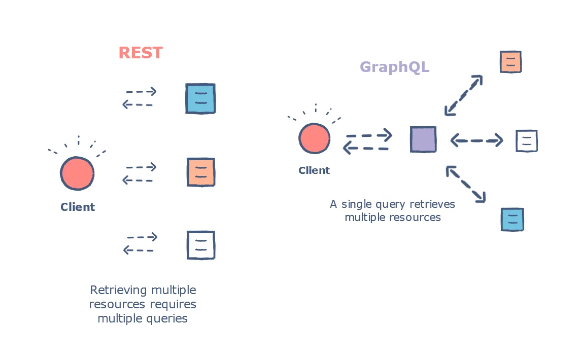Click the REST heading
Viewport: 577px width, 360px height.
click(141, 53)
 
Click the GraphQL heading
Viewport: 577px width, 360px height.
click(394, 67)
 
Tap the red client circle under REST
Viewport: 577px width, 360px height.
click(77, 173)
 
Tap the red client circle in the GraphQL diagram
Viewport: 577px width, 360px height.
click(314, 138)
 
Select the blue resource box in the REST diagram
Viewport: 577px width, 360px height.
click(200, 98)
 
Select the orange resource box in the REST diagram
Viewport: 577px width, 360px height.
click(200, 172)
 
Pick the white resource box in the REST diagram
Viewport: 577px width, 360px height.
click(200, 245)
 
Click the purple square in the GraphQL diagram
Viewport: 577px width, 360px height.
click(423, 139)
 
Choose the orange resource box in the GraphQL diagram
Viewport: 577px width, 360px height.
click(511, 62)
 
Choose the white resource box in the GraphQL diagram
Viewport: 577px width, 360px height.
click(526, 141)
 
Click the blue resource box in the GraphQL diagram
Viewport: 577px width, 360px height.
click(512, 220)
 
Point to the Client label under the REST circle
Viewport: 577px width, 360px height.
click(78, 207)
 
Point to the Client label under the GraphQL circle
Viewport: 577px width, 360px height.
click(314, 170)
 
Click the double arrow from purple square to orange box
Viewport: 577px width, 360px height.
click(463, 95)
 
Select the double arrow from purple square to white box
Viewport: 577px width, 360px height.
click(476, 140)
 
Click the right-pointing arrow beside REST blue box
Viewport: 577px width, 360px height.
click(141, 92)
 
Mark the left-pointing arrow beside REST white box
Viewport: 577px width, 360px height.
click(138, 250)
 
